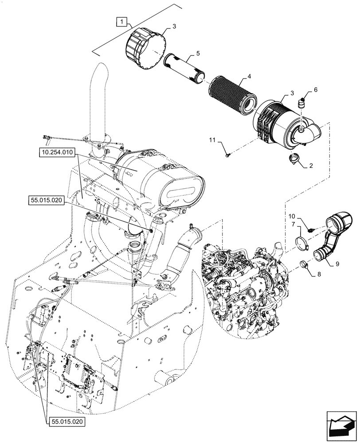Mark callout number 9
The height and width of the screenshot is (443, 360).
click(337, 264)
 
